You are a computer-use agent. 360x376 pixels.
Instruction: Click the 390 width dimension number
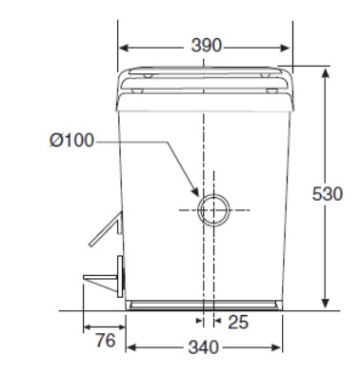(206, 46)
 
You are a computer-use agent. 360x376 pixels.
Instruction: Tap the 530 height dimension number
(328, 194)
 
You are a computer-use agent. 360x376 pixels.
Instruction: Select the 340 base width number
(204, 347)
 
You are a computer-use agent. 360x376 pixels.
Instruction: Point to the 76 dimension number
(106, 341)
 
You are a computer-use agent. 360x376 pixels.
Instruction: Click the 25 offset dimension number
(238, 323)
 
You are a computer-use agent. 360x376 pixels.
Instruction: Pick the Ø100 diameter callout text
(71, 140)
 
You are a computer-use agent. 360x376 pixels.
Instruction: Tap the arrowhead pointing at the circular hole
(195, 191)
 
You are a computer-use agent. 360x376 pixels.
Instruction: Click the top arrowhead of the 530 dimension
(325, 74)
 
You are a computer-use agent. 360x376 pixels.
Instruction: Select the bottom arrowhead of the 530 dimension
(325, 302)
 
